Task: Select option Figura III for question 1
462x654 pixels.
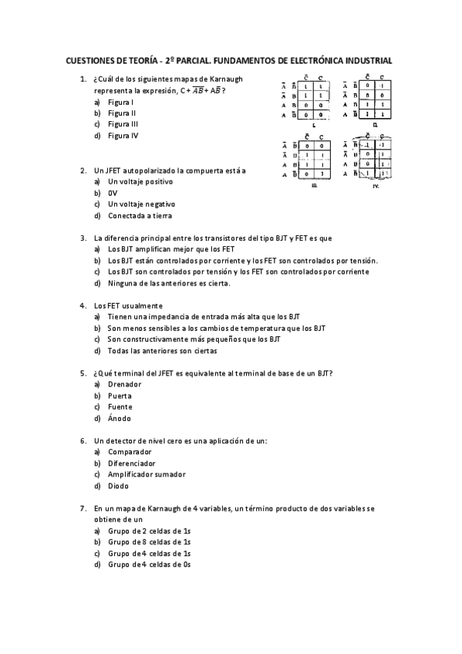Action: [x=123, y=124]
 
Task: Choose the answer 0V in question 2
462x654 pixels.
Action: [x=113, y=193]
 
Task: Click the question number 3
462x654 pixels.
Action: [x=83, y=238]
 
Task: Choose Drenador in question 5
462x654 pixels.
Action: [x=125, y=384]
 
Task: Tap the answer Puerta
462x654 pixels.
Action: [x=120, y=396]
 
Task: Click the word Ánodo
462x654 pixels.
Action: [x=120, y=418]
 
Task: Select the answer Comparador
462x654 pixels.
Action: [x=130, y=452]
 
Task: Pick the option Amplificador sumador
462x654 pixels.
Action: [x=146, y=474]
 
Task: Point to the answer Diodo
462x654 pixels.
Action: [x=119, y=486]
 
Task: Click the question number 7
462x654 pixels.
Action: [x=83, y=509]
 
